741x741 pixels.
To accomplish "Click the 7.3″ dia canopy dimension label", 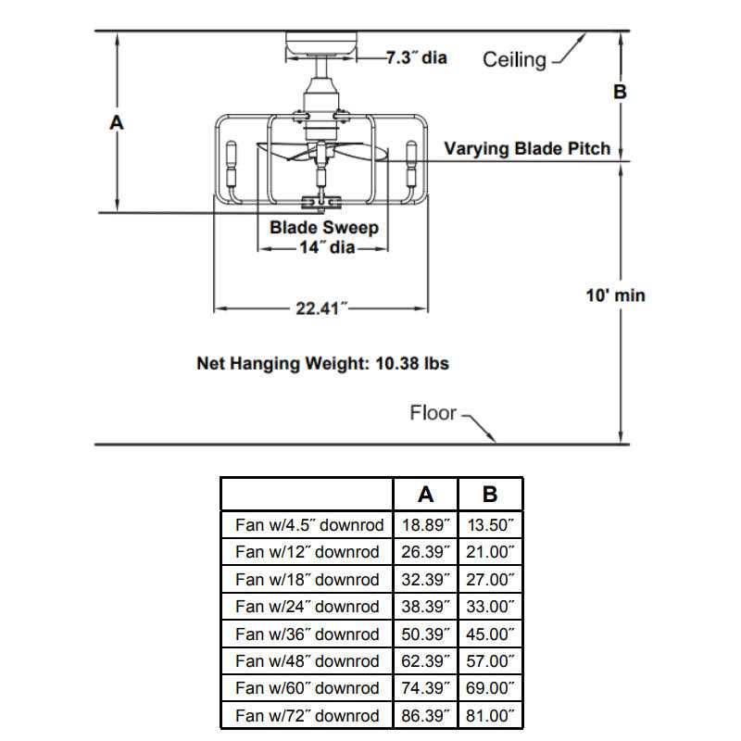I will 416,57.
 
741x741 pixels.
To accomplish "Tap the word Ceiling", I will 514,60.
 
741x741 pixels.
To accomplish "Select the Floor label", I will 433,412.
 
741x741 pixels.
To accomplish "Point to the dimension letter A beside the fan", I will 117,121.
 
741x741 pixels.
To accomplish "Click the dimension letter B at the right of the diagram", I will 621,92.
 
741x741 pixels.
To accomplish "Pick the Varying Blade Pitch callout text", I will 527,148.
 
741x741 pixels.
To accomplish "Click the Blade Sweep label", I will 324,227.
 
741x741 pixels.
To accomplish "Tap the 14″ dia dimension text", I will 326,248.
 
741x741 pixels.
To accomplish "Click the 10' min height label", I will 616,295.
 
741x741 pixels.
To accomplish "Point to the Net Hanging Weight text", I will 322,363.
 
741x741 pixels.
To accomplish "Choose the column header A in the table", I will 425,495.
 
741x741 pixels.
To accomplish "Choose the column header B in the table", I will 490,495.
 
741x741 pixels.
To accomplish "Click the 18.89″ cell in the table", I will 426,525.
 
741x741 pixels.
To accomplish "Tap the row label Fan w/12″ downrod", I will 308,552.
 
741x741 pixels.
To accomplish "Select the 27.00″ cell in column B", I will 490,580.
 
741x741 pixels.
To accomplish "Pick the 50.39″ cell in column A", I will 426,634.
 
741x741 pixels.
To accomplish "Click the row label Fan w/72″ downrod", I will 308,716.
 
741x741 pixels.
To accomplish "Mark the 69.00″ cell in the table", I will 490,689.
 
